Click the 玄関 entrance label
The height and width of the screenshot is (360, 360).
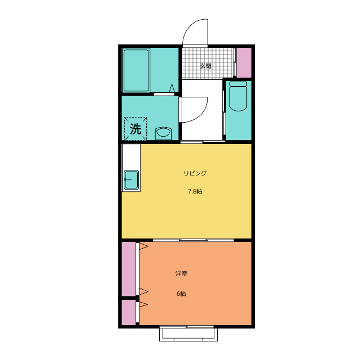click(x=205, y=66)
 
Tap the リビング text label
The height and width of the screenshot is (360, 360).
click(x=195, y=173)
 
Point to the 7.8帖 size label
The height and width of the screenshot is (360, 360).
click(x=195, y=191)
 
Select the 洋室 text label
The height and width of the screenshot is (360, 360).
click(x=181, y=273)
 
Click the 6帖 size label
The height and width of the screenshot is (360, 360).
click(x=181, y=294)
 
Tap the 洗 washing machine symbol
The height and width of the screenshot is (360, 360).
click(x=136, y=129)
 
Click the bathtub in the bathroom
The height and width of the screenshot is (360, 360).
click(x=136, y=70)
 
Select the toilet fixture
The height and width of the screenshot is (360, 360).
click(x=238, y=96)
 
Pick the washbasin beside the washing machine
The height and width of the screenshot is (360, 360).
click(x=163, y=133)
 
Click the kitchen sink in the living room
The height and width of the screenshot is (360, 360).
click(x=131, y=180)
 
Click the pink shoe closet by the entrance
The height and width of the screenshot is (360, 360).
click(x=244, y=62)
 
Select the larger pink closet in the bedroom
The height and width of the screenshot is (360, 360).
click(x=129, y=269)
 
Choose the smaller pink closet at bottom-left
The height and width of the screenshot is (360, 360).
click(x=129, y=312)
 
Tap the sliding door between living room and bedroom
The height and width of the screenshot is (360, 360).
click(x=193, y=240)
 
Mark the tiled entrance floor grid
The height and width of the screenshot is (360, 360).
click(x=208, y=63)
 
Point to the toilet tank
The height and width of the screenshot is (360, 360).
click(x=238, y=84)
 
